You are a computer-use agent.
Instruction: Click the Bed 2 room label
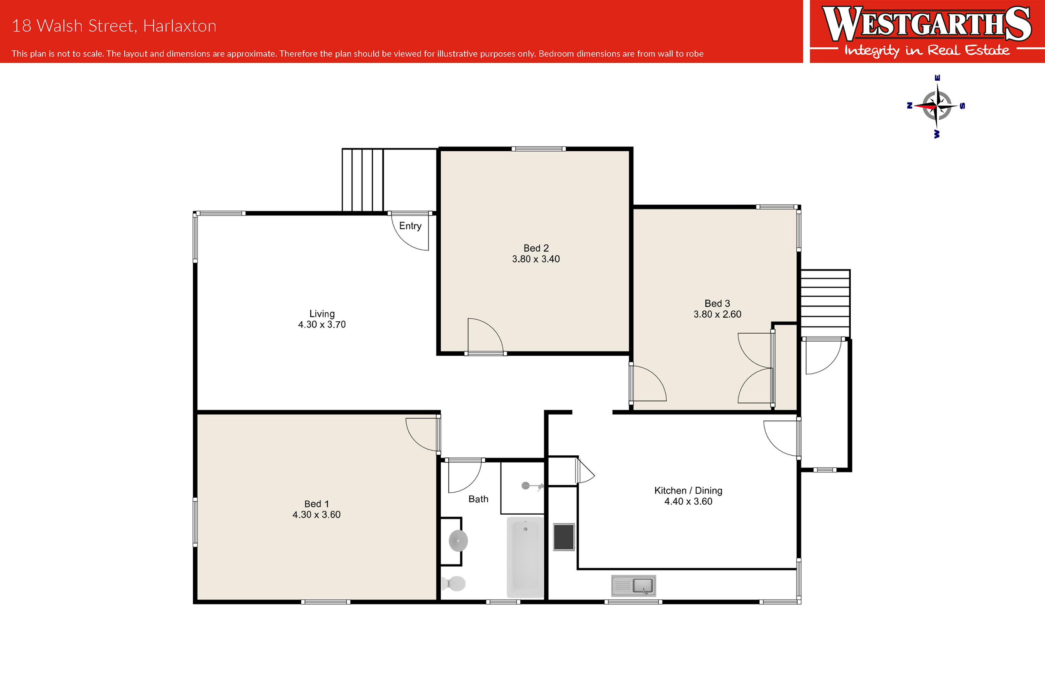click(x=536, y=248)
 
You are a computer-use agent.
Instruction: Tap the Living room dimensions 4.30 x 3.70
click(x=322, y=325)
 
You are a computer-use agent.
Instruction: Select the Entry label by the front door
click(x=410, y=226)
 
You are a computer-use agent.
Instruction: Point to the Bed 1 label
click(x=317, y=503)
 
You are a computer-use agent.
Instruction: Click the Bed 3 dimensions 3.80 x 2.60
click(x=718, y=314)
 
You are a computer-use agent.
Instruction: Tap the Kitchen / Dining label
click(x=688, y=490)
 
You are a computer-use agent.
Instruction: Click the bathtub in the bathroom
click(x=525, y=557)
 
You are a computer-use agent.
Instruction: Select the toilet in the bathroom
click(x=454, y=583)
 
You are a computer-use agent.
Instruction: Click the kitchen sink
click(x=633, y=585)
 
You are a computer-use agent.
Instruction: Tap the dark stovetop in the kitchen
click(x=564, y=537)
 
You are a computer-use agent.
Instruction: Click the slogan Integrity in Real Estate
click(x=927, y=51)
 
